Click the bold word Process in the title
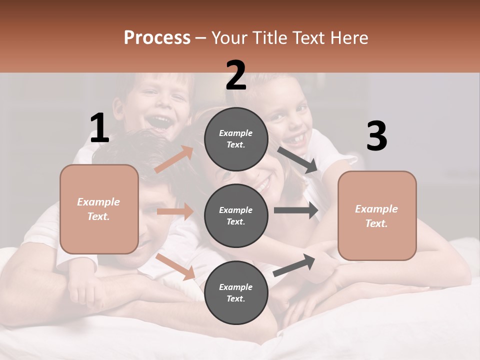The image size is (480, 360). (x=157, y=37)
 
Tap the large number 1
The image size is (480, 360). (x=99, y=128)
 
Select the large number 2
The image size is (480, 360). (x=235, y=75)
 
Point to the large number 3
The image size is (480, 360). (x=376, y=136)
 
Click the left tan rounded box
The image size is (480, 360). (x=99, y=209)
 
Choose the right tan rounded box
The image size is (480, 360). (x=377, y=216)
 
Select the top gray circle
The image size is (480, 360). (x=236, y=138)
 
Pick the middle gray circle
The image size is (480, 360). (x=236, y=215)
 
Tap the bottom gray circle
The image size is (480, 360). (x=236, y=292)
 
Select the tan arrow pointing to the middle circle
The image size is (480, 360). (x=175, y=211)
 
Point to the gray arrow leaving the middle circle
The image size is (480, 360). (x=296, y=210)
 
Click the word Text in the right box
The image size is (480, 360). (x=376, y=223)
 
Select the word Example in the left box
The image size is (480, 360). (x=98, y=202)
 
